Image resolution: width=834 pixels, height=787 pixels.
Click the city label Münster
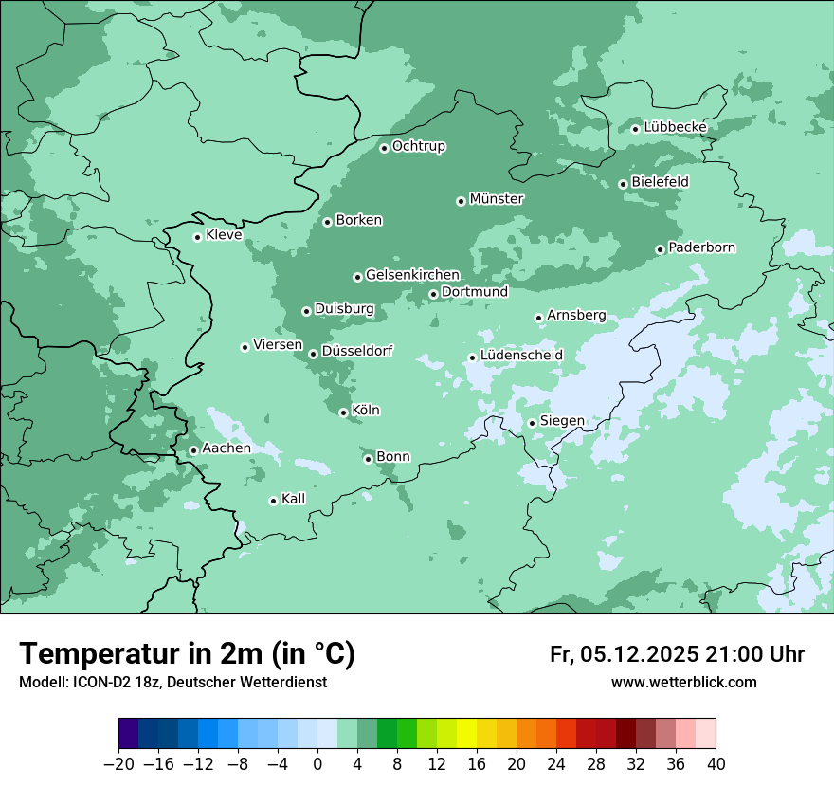[497, 199]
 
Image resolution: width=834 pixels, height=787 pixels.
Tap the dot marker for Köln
[343, 412]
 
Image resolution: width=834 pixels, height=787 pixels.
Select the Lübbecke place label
[675, 127]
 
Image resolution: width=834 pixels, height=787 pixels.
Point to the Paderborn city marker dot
[661, 249]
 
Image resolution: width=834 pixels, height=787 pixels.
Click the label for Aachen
[227, 448]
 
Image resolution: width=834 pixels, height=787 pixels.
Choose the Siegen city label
[562, 421]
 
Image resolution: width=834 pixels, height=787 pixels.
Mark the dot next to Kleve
[197, 237]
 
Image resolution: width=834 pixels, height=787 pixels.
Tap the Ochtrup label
[419, 146]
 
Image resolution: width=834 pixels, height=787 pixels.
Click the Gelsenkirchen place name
[412, 275]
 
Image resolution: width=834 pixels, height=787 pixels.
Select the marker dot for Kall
[273, 501]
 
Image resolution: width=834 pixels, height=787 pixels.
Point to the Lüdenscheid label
[521, 356]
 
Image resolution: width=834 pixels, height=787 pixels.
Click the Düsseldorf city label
[356, 351]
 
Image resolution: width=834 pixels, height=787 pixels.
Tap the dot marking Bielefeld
[623, 184]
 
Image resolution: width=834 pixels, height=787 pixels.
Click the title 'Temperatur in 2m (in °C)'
[187, 653]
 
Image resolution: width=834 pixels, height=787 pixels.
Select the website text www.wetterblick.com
[683, 682]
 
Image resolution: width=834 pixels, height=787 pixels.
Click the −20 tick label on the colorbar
[118, 764]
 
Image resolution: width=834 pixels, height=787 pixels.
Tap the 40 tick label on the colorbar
[716, 764]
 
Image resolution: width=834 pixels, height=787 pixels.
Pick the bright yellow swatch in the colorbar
[466, 734]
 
